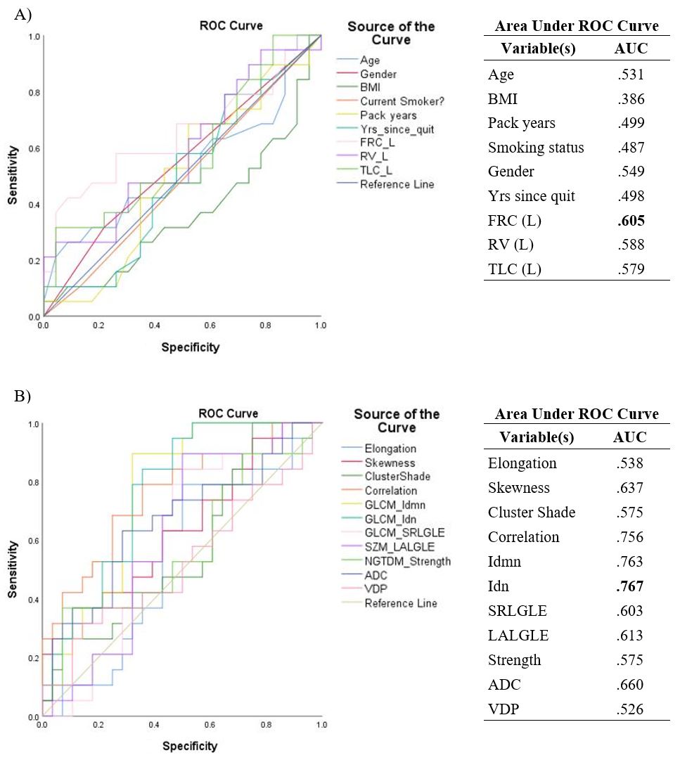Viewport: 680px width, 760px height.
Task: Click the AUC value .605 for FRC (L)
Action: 630,221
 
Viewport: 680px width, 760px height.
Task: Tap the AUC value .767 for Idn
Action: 630,586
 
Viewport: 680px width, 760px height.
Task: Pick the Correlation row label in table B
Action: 523,537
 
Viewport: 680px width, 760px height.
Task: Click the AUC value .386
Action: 630,98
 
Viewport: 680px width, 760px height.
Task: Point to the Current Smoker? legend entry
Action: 402,101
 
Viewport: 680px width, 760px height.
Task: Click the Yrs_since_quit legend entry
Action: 397,129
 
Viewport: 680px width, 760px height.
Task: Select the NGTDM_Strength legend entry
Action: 407,561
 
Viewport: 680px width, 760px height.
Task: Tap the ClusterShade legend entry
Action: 396,477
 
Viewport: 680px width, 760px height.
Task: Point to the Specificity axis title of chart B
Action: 190,746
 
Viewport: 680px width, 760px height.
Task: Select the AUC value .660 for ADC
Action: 630,685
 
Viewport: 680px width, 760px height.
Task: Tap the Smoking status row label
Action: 535,148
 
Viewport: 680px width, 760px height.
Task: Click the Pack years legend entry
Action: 387,115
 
